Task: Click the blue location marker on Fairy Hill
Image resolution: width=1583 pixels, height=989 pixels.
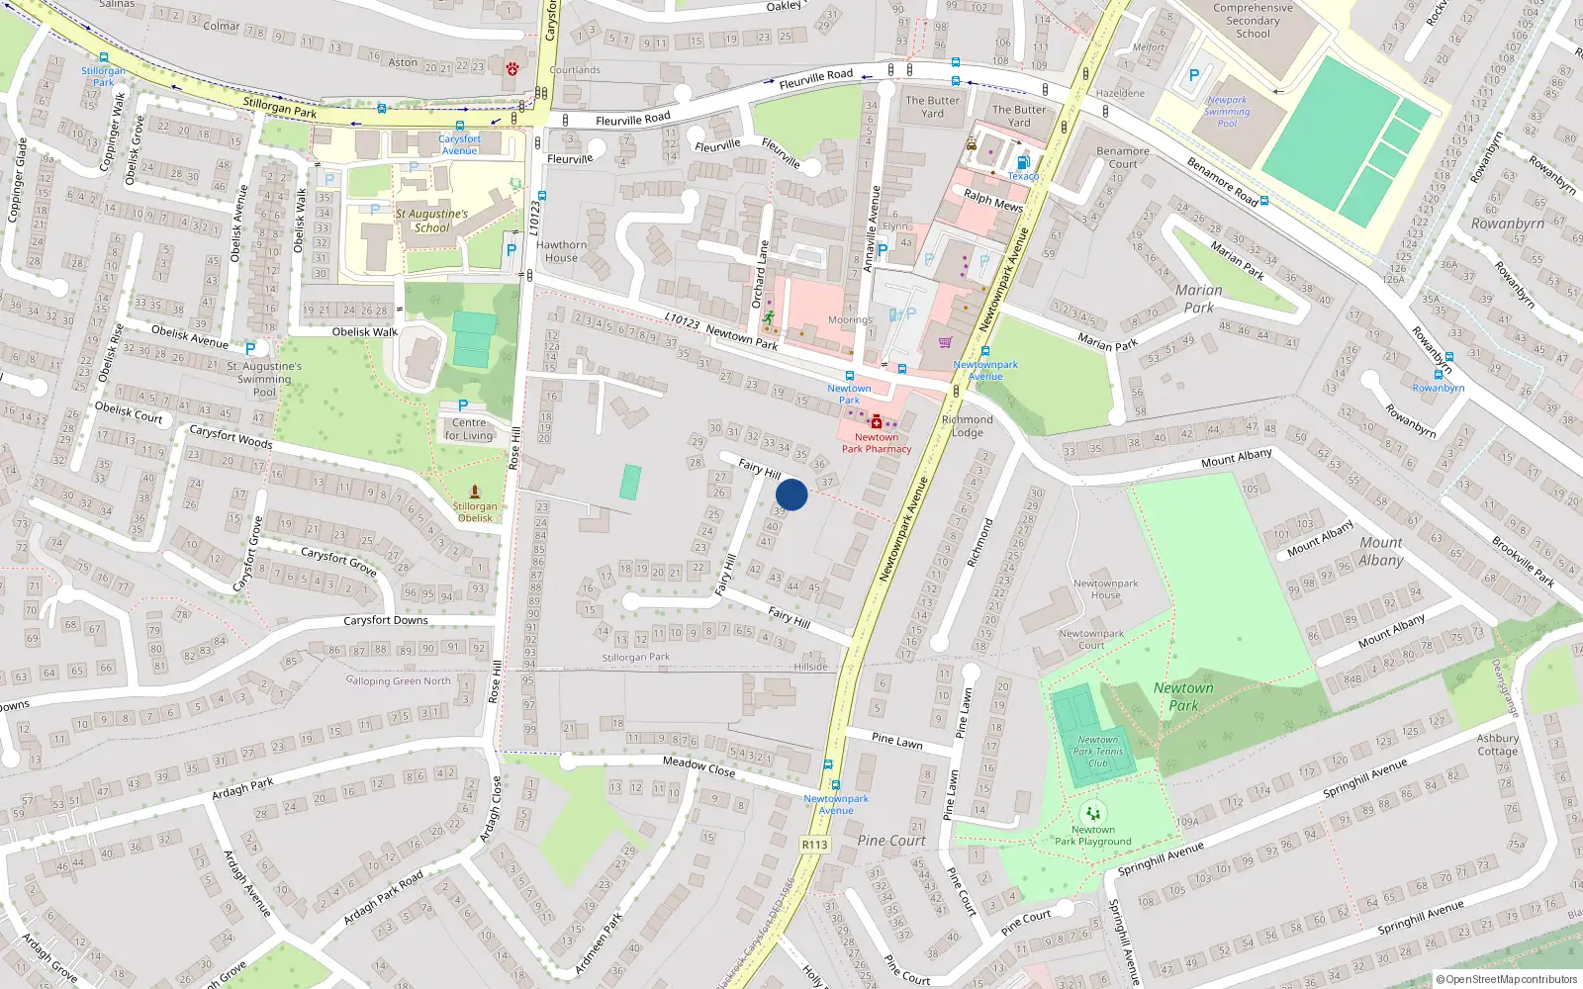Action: pyautogui.click(x=791, y=494)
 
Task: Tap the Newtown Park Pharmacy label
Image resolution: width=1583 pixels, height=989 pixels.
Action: pyautogui.click(x=877, y=443)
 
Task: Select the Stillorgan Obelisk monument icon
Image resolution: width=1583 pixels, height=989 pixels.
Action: pyautogui.click(x=475, y=492)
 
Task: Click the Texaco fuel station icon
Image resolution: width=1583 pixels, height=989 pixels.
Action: pyautogui.click(x=1023, y=162)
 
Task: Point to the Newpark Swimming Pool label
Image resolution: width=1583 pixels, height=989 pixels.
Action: pyautogui.click(x=1227, y=112)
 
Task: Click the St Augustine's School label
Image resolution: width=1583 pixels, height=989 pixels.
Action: pyautogui.click(x=431, y=221)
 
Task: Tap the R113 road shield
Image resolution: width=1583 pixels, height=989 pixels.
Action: pyautogui.click(x=814, y=845)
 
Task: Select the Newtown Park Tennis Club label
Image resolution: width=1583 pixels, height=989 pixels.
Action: pyautogui.click(x=1098, y=752)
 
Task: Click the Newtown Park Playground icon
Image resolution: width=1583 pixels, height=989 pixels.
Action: pyautogui.click(x=1092, y=814)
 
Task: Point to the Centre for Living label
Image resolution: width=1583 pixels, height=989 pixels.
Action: pyautogui.click(x=469, y=429)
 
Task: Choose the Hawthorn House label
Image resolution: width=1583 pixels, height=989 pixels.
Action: pyautogui.click(x=562, y=251)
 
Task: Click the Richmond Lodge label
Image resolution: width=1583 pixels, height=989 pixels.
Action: pyautogui.click(x=968, y=426)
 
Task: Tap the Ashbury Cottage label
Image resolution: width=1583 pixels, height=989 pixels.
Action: pyautogui.click(x=1497, y=745)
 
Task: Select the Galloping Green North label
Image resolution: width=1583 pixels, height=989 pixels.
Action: pyautogui.click(x=399, y=680)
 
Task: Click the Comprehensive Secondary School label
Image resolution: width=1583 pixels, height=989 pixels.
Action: pyautogui.click(x=1253, y=21)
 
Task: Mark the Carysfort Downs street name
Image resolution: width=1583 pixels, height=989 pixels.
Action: pyautogui.click(x=386, y=621)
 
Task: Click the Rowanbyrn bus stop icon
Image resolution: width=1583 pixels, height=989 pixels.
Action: pyautogui.click(x=1438, y=375)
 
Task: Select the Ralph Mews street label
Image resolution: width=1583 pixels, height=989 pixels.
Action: pyautogui.click(x=993, y=201)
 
